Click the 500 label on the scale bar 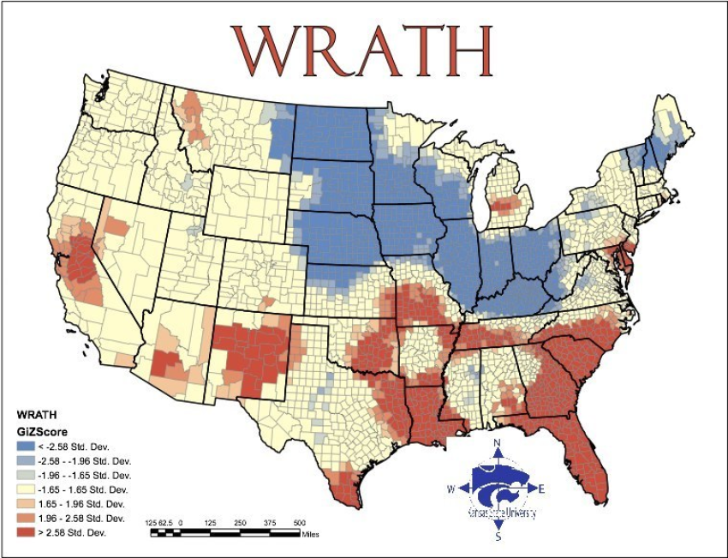300,521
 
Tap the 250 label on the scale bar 241,521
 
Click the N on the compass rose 498,443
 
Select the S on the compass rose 498,537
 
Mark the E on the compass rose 542,489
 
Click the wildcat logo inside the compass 498,489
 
